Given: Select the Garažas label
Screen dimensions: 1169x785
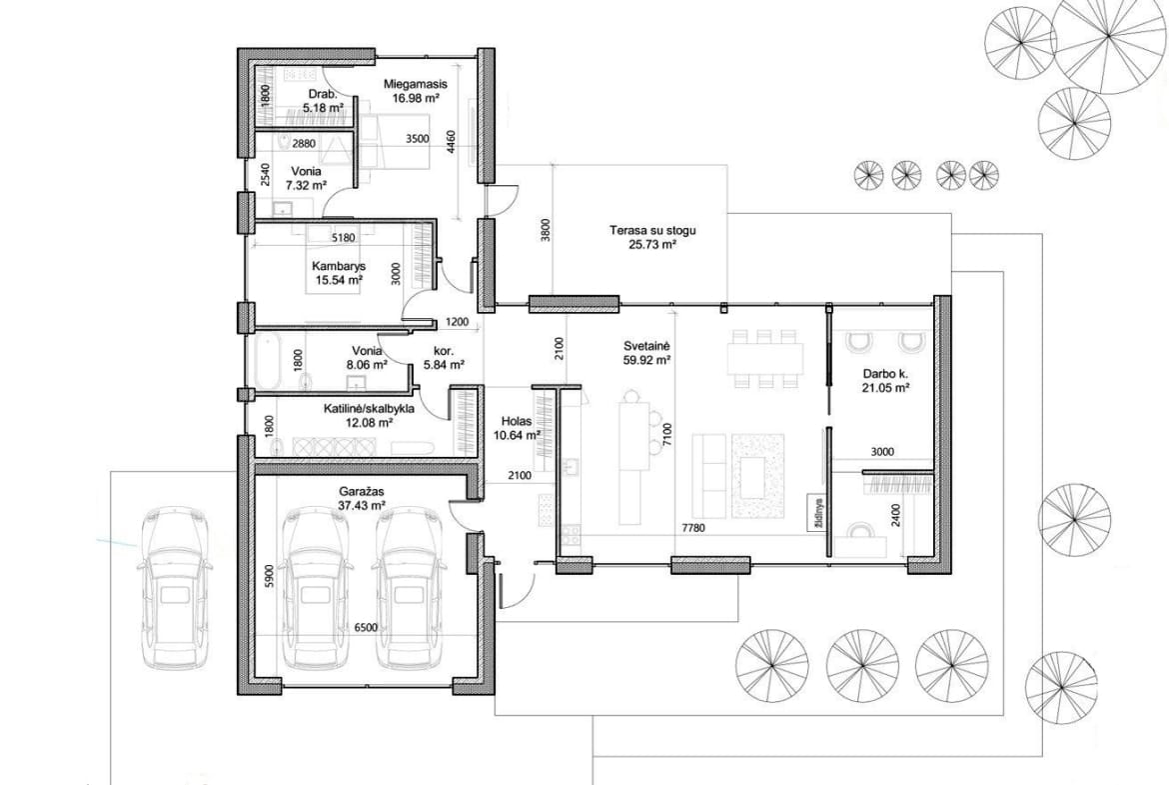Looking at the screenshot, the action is click(x=361, y=492).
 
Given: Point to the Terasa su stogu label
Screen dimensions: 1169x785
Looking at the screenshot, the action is click(x=652, y=231).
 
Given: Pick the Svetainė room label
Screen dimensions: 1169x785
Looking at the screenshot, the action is click(x=647, y=346).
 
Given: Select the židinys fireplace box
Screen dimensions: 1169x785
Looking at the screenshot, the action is click(x=818, y=512).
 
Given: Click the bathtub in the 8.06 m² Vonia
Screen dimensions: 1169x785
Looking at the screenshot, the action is click(x=266, y=363).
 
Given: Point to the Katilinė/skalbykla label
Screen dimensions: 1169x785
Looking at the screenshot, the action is click(x=369, y=409).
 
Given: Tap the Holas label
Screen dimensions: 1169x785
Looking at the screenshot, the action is click(x=517, y=422).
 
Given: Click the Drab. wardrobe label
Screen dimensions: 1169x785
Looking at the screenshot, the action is click(x=323, y=95).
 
